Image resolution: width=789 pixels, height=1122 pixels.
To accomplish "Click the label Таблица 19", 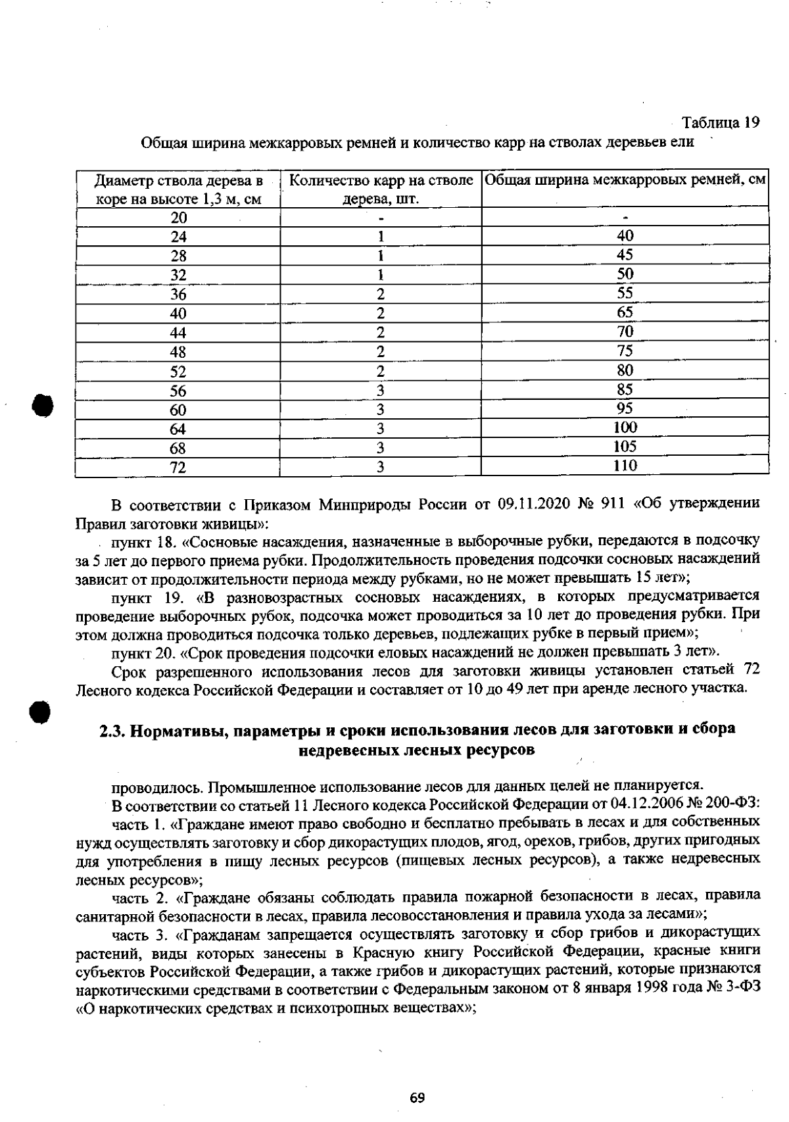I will (720, 122).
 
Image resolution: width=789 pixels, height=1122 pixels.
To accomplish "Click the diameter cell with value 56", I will (178, 391).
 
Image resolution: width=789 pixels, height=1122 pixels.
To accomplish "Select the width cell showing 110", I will (625, 466).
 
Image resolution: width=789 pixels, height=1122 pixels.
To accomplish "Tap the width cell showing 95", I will (625, 408).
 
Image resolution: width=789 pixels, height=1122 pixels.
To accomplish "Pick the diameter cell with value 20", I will (178, 218).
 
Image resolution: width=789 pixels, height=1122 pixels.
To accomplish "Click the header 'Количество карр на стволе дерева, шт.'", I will (381, 189).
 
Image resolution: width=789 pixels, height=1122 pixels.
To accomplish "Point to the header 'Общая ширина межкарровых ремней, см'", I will (625, 180).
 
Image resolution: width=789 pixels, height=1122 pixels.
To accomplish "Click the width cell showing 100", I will (625, 427).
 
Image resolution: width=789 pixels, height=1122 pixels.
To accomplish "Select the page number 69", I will (417, 1098).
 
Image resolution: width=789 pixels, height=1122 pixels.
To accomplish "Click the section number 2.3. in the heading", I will (112, 730).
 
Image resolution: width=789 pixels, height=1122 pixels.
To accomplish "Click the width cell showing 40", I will (625, 236).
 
